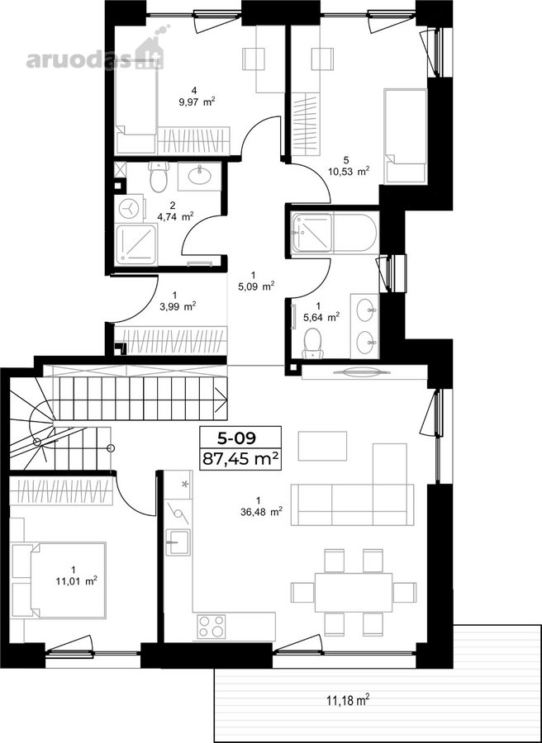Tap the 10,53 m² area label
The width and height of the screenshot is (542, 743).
(x=349, y=171)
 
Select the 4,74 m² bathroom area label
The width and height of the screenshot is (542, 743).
(x=175, y=217)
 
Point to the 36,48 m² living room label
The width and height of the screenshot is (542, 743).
(x=262, y=511)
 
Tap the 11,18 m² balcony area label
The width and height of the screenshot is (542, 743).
(x=348, y=700)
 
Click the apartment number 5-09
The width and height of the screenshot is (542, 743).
(x=240, y=438)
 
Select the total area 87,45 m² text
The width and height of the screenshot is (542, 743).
(x=240, y=459)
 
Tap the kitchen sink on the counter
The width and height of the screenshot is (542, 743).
(x=178, y=543)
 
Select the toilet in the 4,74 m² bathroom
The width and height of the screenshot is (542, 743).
(x=159, y=177)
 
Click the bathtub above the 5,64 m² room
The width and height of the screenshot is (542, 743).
(x=335, y=233)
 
